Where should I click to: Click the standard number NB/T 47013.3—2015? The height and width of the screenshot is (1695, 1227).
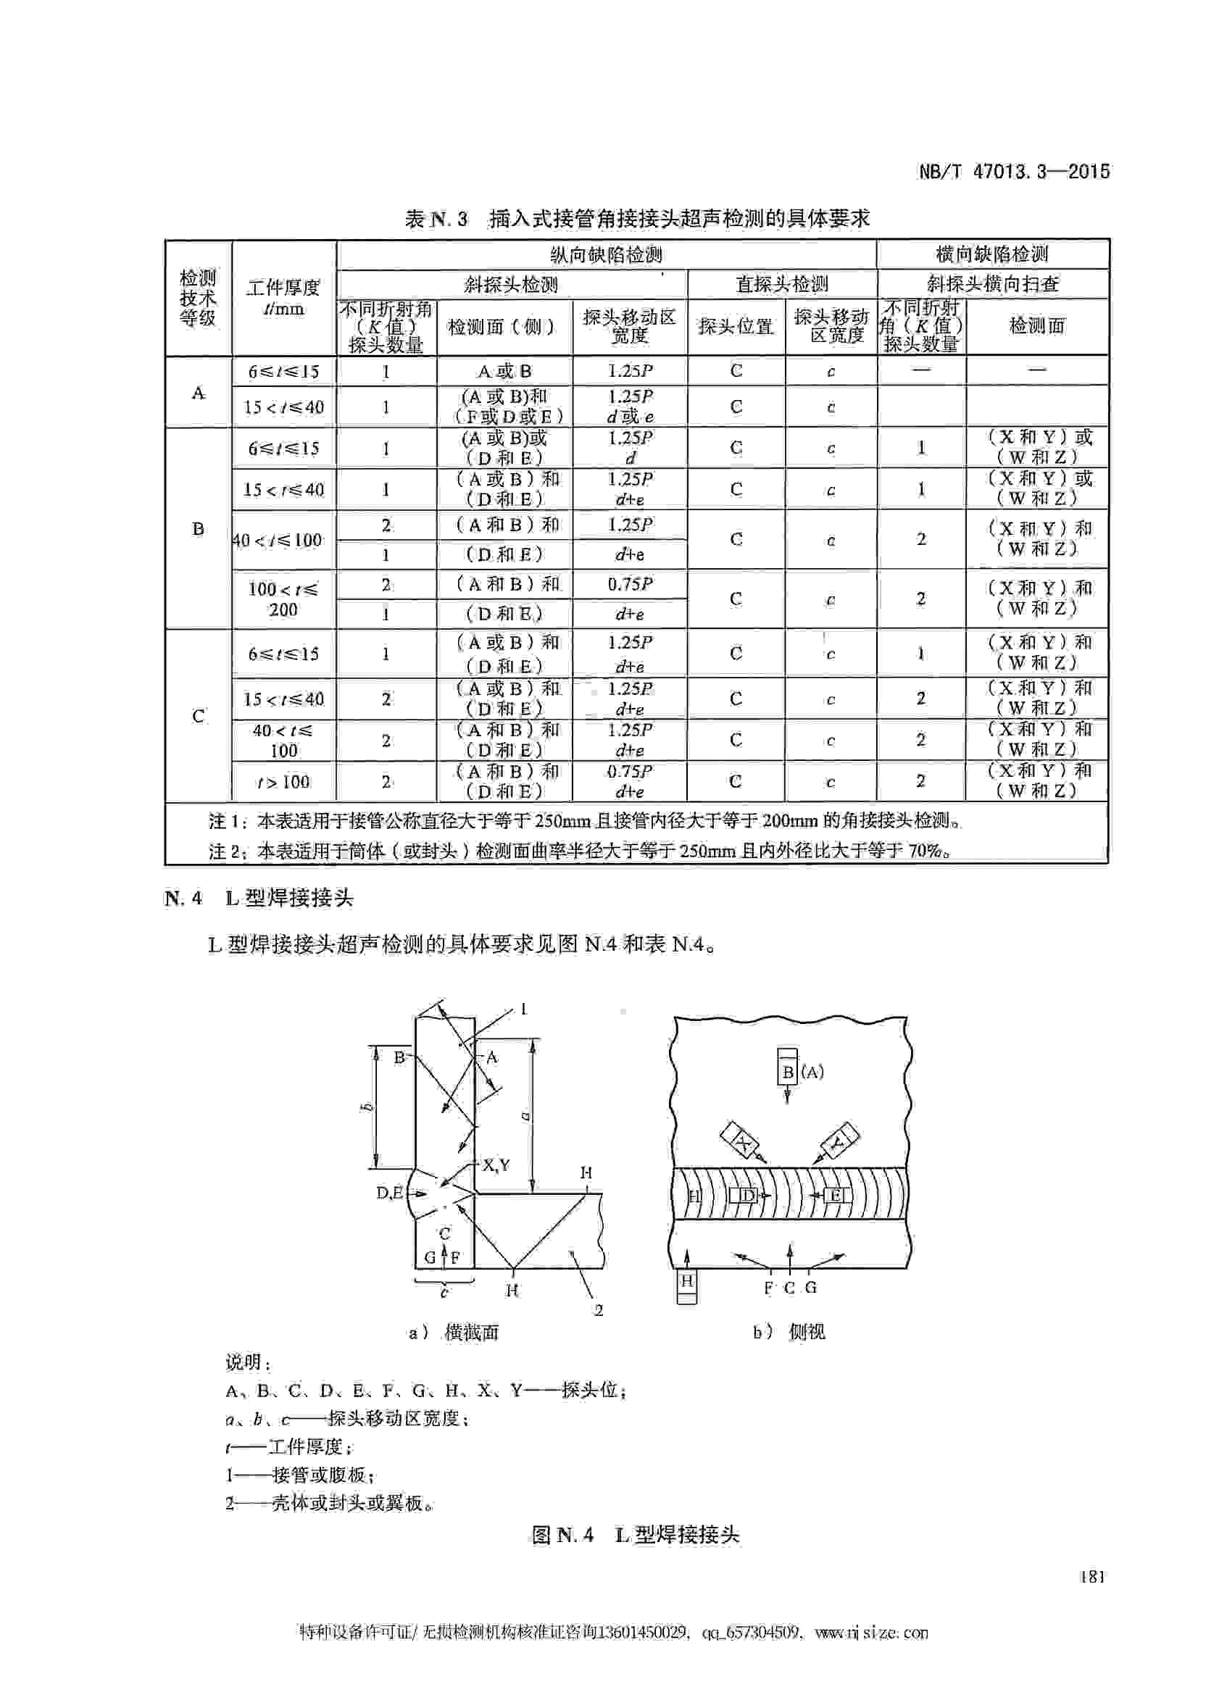coord(1013,171)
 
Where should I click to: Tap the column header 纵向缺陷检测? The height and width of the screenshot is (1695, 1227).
coord(606,255)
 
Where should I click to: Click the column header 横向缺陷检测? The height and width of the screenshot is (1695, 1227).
coord(991,254)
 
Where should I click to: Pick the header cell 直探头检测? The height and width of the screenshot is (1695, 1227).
coord(781,284)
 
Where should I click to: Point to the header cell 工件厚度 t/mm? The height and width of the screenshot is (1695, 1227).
coord(283,297)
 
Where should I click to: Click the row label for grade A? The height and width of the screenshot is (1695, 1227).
coord(198,392)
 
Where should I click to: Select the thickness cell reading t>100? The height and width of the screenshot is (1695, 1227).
coord(283,782)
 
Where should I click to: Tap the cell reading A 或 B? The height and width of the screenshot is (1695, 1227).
coord(504,372)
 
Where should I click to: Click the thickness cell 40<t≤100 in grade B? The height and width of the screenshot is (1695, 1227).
coord(279,540)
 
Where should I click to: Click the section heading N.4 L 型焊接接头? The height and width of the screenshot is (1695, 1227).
coord(259,898)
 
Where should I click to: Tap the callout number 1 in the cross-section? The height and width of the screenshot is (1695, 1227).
coord(523,1009)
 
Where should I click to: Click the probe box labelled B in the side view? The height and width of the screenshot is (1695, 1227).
coord(788,1072)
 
